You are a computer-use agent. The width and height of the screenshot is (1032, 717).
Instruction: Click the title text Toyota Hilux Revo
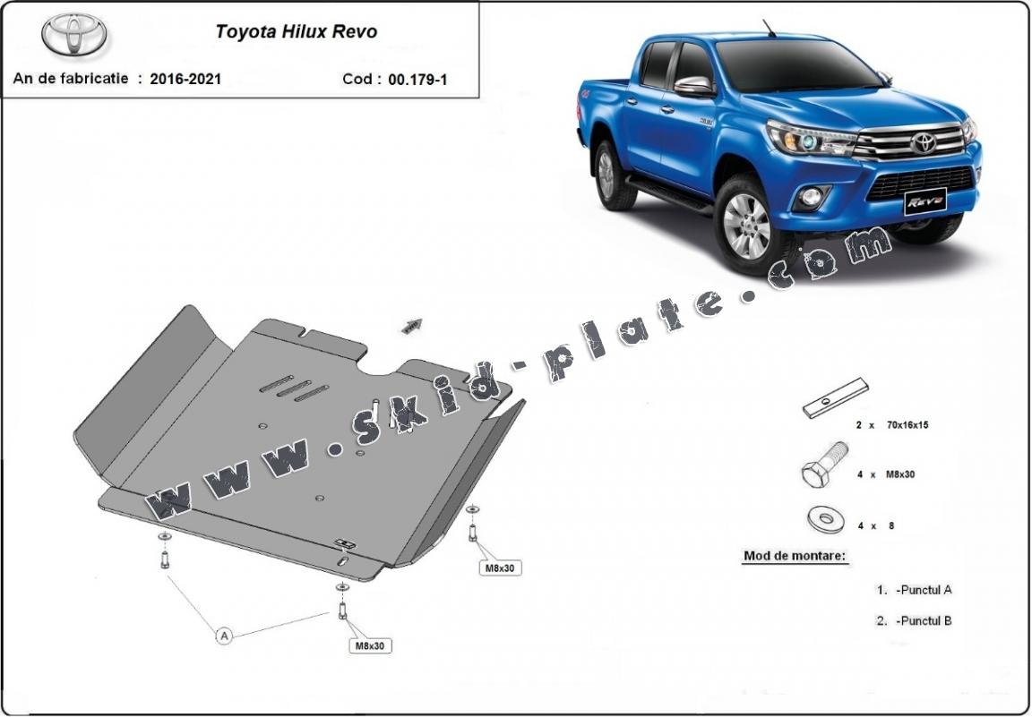pos(297,31)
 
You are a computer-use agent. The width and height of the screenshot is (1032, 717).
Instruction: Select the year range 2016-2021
pos(185,79)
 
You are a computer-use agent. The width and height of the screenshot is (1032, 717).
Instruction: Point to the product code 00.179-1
pos(418,80)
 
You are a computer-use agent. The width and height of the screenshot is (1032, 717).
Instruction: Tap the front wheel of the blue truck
pos(746,226)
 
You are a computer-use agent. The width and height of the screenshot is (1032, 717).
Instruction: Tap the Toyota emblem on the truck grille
pos(924,142)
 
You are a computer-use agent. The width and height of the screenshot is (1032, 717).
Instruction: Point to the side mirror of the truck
pos(693,87)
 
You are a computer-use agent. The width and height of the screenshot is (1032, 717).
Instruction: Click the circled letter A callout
pos(225,636)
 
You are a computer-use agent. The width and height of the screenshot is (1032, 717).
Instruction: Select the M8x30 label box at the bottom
pos(370,646)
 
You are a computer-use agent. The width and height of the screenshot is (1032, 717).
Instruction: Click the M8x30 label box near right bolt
pos(500,568)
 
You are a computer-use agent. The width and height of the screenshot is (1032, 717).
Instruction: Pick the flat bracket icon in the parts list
pos(836,397)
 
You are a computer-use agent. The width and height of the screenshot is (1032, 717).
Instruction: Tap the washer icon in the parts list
pos(827,520)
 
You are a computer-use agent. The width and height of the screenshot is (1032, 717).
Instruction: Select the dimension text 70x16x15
pos(907,425)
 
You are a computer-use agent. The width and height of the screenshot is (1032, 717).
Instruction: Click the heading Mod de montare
pos(795,556)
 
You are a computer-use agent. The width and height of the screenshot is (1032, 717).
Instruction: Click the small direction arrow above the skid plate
pos(412,326)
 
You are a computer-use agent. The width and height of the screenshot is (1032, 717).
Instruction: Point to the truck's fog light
pos(810,197)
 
